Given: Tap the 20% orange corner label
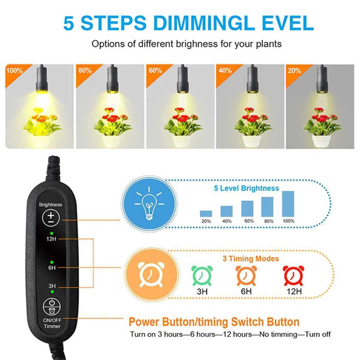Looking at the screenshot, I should point(294,71).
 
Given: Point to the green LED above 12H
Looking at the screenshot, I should point(51,233).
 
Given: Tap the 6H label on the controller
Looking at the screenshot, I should point(52,268).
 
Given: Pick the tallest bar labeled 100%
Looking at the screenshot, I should point(288,204).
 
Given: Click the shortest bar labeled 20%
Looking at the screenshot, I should point(206,214).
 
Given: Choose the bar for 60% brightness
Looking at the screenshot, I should point(247,208).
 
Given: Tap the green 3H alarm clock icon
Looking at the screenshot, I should point(202,276).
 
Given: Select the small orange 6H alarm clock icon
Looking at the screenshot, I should point(246,276).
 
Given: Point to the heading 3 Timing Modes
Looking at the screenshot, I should point(251,259).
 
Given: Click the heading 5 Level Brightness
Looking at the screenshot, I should point(246,188).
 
